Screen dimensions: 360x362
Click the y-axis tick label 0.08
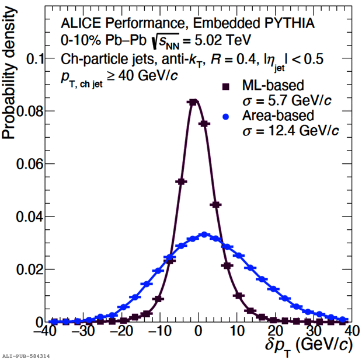(30, 111)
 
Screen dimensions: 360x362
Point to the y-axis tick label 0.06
(30, 164)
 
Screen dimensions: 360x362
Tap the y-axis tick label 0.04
(30, 217)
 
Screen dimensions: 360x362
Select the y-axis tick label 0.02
(30, 270)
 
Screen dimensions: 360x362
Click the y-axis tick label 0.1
(35, 58)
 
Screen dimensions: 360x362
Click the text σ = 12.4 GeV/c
(290, 131)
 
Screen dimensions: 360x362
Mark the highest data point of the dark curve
(192, 102)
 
